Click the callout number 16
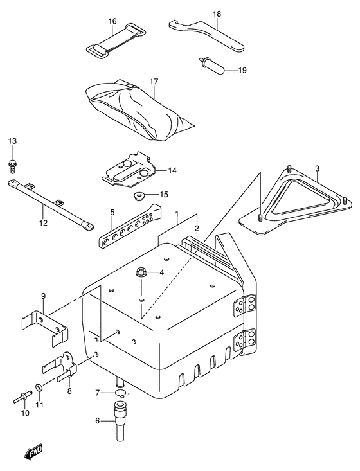pos(113,21)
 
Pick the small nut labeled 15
pos(137,195)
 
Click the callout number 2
pos(197,228)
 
